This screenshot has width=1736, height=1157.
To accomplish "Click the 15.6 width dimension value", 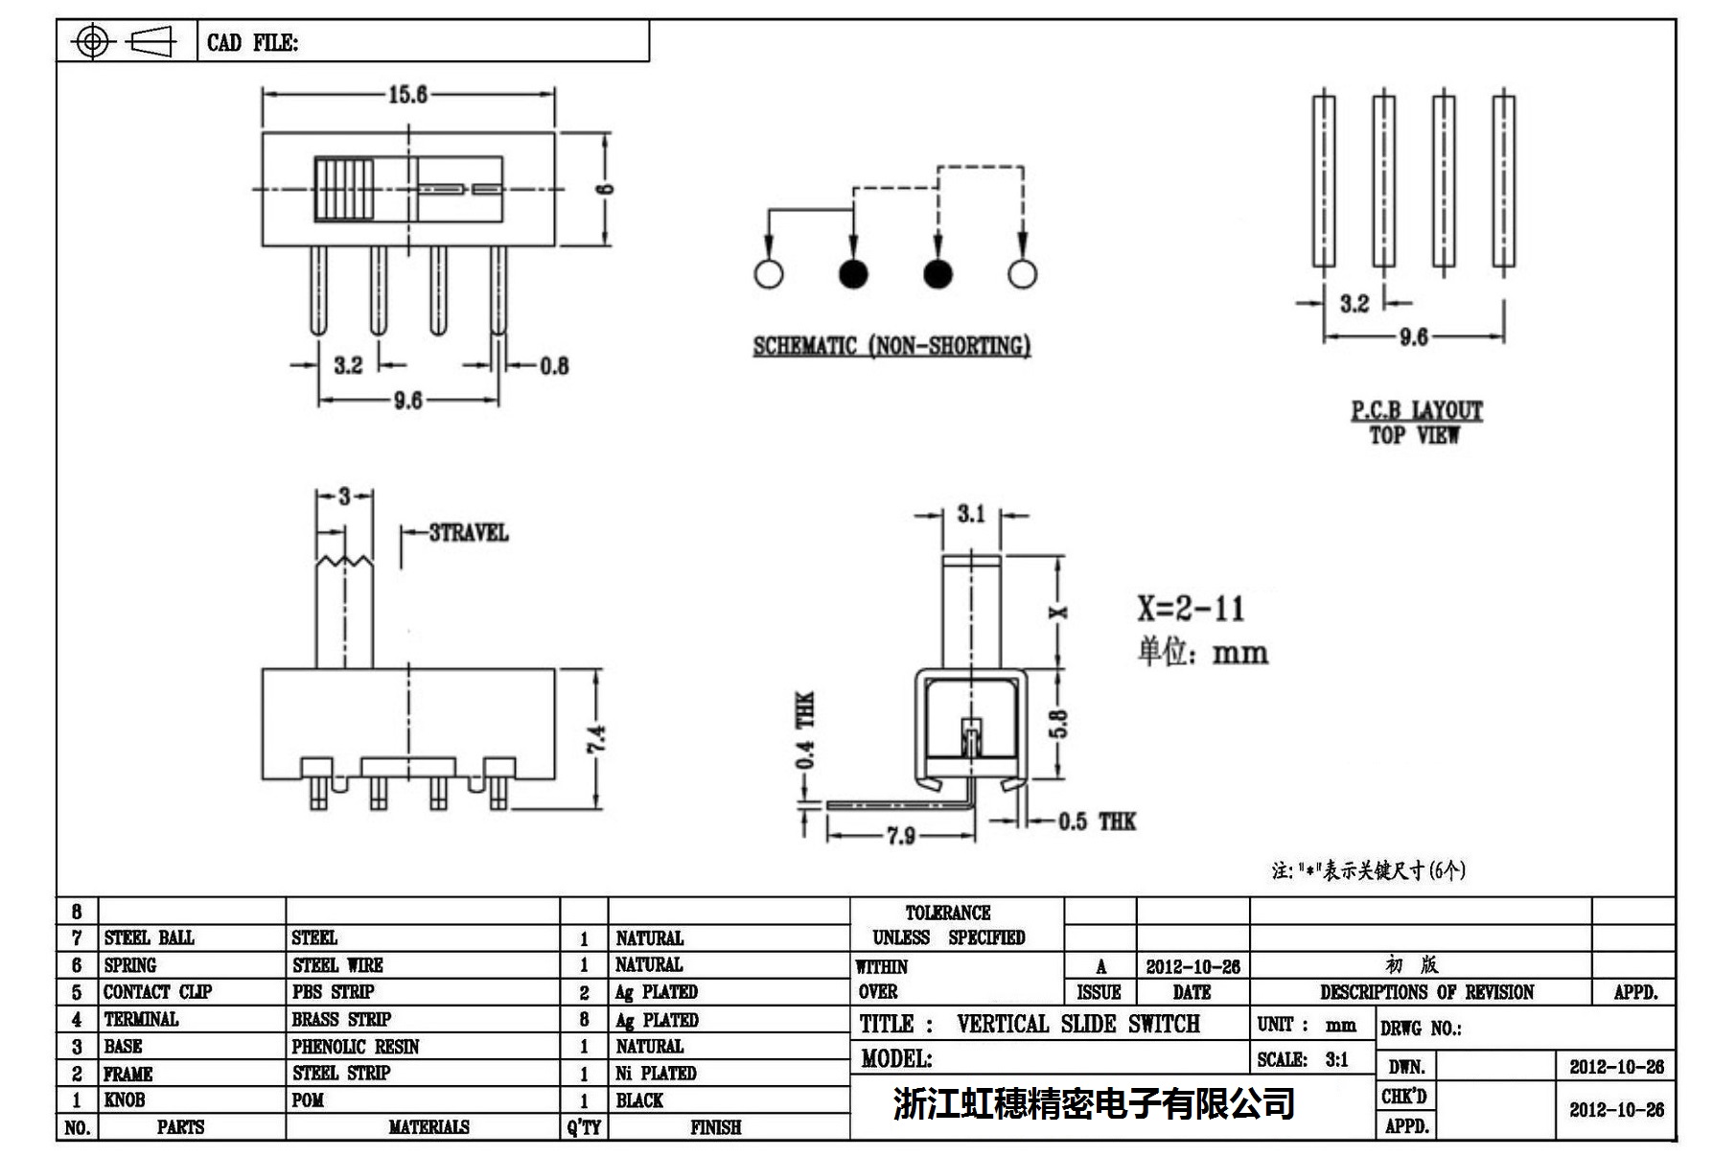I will coord(407,94).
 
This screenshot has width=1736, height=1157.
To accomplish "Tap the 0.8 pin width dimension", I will coord(553,365).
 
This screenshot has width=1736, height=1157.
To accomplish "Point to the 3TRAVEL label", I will coord(468,532).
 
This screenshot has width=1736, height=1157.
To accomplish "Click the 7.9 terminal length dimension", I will coord(900,836).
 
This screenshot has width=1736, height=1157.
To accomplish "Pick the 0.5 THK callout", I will coord(1096,821).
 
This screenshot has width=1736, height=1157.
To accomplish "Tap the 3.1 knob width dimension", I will coord(970,514).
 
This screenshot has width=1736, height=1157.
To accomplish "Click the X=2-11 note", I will coord(1191,608).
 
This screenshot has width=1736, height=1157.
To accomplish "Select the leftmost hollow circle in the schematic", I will coord(769,274).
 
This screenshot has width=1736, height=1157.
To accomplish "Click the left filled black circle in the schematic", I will coord(853,274).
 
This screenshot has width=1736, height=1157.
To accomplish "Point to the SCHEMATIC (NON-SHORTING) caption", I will coord(891,346).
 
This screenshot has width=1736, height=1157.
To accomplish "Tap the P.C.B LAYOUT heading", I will coord(1416,410).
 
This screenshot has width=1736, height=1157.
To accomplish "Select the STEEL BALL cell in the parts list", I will coord(150,937).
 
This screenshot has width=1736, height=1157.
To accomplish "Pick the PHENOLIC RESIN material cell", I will coord(356,1046).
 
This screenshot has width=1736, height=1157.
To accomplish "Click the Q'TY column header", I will coord(584,1127).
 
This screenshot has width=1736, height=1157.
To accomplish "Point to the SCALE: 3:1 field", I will coord(1303,1059).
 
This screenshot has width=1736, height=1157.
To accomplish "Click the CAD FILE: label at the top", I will coord(253,42).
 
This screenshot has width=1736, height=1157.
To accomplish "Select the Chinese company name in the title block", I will coord(1094,1103).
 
